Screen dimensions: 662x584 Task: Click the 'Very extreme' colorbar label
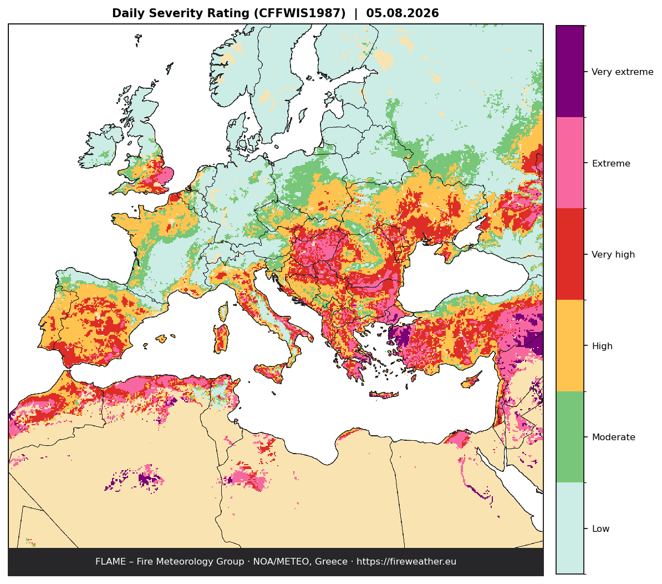pyautogui.click(x=622, y=72)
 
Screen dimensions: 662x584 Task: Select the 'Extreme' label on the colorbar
pyautogui.click(x=611, y=164)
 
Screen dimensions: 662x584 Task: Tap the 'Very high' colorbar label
pyautogui.click(x=613, y=255)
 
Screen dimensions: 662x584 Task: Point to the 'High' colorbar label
pyautogui.click(x=602, y=346)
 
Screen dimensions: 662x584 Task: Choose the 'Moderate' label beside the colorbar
pyautogui.click(x=613, y=437)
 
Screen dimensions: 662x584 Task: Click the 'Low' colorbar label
pyautogui.click(x=601, y=528)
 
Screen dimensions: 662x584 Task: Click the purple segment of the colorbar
pyautogui.click(x=570, y=72)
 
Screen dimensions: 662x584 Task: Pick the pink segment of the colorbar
pyautogui.click(x=570, y=163)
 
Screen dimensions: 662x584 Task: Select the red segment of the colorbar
pyautogui.click(x=570, y=254)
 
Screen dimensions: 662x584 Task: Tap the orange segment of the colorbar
pyautogui.click(x=570, y=346)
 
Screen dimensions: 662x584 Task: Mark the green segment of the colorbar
pyautogui.click(x=570, y=437)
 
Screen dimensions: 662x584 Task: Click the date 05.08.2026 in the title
pyautogui.click(x=403, y=13)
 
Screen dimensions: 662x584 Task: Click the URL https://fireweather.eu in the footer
pyautogui.click(x=406, y=562)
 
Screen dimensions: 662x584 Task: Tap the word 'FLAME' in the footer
pyautogui.click(x=111, y=562)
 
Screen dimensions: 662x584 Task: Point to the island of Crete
pyautogui.click(x=384, y=395)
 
